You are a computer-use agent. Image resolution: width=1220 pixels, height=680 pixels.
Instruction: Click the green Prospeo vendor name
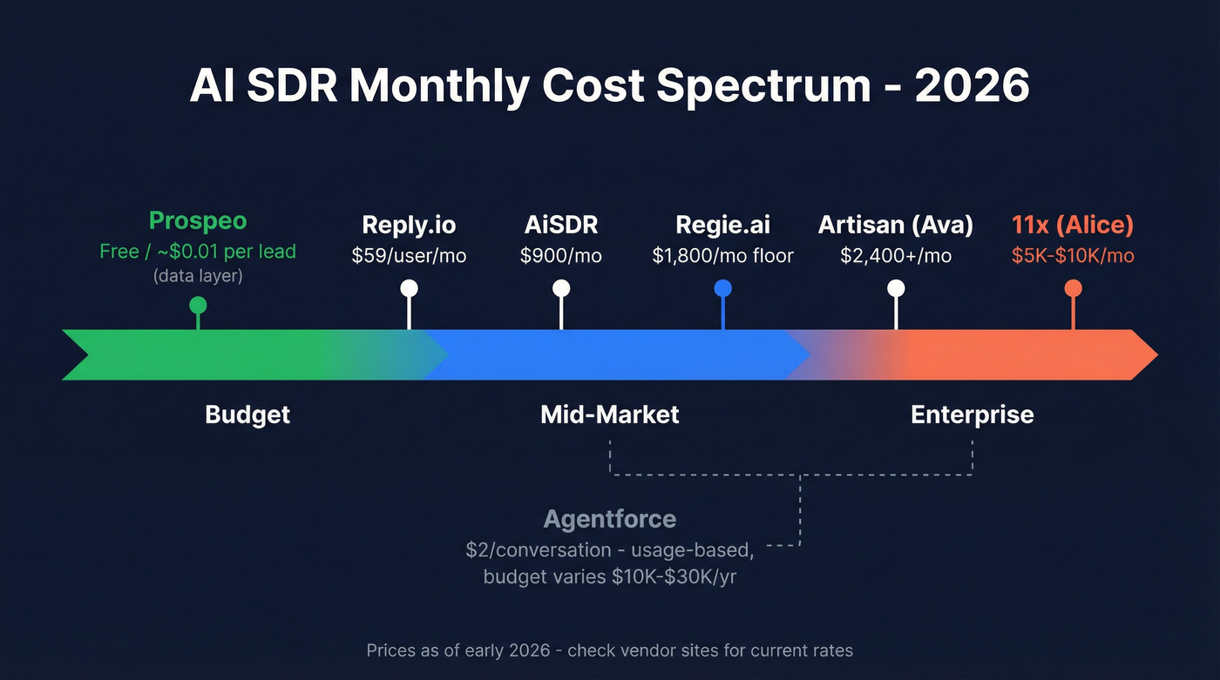pos(198,221)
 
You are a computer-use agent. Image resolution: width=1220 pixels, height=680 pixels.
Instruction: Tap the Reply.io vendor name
pos(409,226)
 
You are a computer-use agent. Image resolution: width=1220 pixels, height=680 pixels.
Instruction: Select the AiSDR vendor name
pos(560,226)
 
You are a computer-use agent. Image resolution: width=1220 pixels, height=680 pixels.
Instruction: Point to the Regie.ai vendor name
pos(722,226)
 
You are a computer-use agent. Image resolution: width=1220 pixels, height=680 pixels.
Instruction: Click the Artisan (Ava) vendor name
pos(895,226)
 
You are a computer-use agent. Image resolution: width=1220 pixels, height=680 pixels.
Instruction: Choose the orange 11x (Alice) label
pos(1073,226)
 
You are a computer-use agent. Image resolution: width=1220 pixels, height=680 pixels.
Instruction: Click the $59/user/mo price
pos(409,256)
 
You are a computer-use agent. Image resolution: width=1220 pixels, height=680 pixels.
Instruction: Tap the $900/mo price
pos(560,256)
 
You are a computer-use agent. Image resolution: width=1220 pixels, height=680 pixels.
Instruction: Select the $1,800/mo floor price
pos(722,256)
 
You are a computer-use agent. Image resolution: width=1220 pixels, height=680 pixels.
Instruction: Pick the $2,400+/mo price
pos(895,256)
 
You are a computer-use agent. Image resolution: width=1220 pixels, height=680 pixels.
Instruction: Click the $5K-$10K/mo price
pos(1073,256)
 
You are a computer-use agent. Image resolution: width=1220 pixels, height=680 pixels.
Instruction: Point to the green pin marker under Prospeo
pos(198,305)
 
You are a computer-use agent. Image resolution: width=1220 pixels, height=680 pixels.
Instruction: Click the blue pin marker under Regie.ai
pos(722,289)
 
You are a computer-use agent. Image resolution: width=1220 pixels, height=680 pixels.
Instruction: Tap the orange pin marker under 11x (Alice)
pos(1073,289)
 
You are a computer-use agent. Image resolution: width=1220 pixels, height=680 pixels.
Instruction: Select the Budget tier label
pos(247,414)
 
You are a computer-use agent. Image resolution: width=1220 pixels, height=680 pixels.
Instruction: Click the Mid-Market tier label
pos(609,414)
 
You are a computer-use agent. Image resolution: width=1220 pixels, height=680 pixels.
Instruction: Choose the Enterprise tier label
pos(972,414)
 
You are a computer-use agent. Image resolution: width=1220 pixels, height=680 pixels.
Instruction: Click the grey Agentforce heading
pos(609,520)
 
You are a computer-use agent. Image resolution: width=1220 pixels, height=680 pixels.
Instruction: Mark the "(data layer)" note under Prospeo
pos(198,276)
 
